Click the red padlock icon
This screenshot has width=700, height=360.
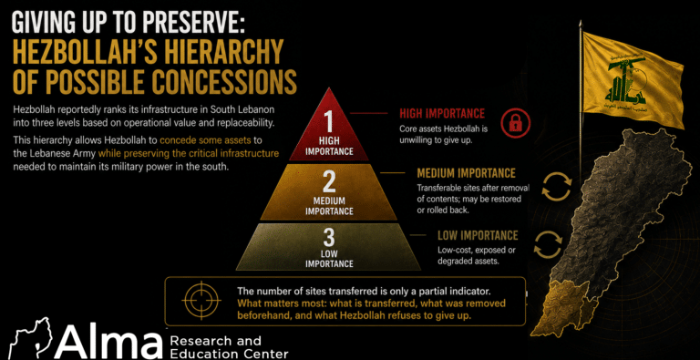click(x=515, y=123)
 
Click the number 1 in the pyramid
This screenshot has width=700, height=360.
click(x=328, y=121)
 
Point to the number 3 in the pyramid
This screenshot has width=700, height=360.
click(x=328, y=238)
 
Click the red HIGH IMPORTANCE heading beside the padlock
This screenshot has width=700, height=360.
click(x=442, y=113)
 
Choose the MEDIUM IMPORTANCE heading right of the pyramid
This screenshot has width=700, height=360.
click(x=466, y=173)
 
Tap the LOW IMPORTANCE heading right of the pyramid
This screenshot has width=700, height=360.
click(x=478, y=235)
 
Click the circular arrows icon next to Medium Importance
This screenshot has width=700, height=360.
click(x=556, y=186)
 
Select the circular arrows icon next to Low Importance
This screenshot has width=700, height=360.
click(x=548, y=245)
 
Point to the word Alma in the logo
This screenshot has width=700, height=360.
click(x=108, y=345)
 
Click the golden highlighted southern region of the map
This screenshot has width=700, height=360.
click(x=563, y=304)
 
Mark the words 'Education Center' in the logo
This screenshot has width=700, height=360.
click(x=229, y=355)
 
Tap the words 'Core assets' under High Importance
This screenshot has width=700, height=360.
click(x=419, y=129)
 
